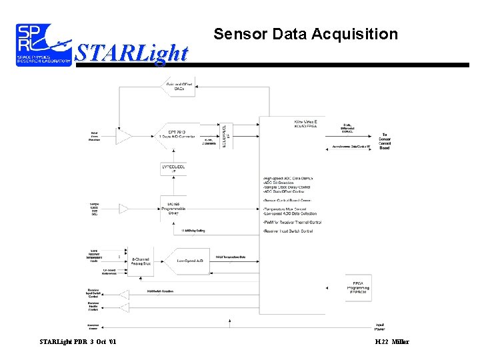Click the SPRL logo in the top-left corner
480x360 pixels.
[x=44, y=45]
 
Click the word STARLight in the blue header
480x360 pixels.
[x=131, y=53]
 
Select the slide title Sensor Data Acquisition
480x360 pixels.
[x=305, y=34]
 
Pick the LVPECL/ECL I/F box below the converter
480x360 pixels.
[x=175, y=168]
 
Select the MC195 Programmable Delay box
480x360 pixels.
[x=175, y=208]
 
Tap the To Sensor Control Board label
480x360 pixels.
[x=385, y=141]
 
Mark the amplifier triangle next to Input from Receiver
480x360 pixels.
[x=124, y=137]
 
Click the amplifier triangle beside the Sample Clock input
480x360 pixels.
[x=124, y=209]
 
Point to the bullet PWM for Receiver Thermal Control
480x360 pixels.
[x=293, y=222]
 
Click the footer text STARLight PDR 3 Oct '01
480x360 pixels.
[x=77, y=342]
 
